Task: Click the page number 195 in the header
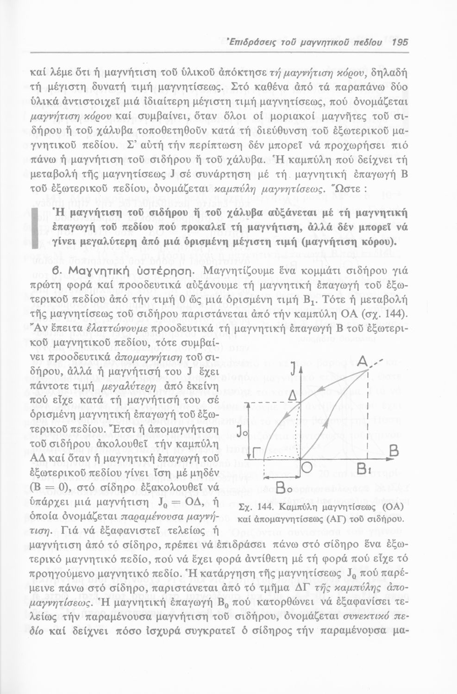(x=399, y=42)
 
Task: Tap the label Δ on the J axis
(x=292, y=396)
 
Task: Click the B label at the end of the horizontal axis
(x=394, y=451)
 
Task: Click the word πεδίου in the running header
(x=369, y=42)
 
